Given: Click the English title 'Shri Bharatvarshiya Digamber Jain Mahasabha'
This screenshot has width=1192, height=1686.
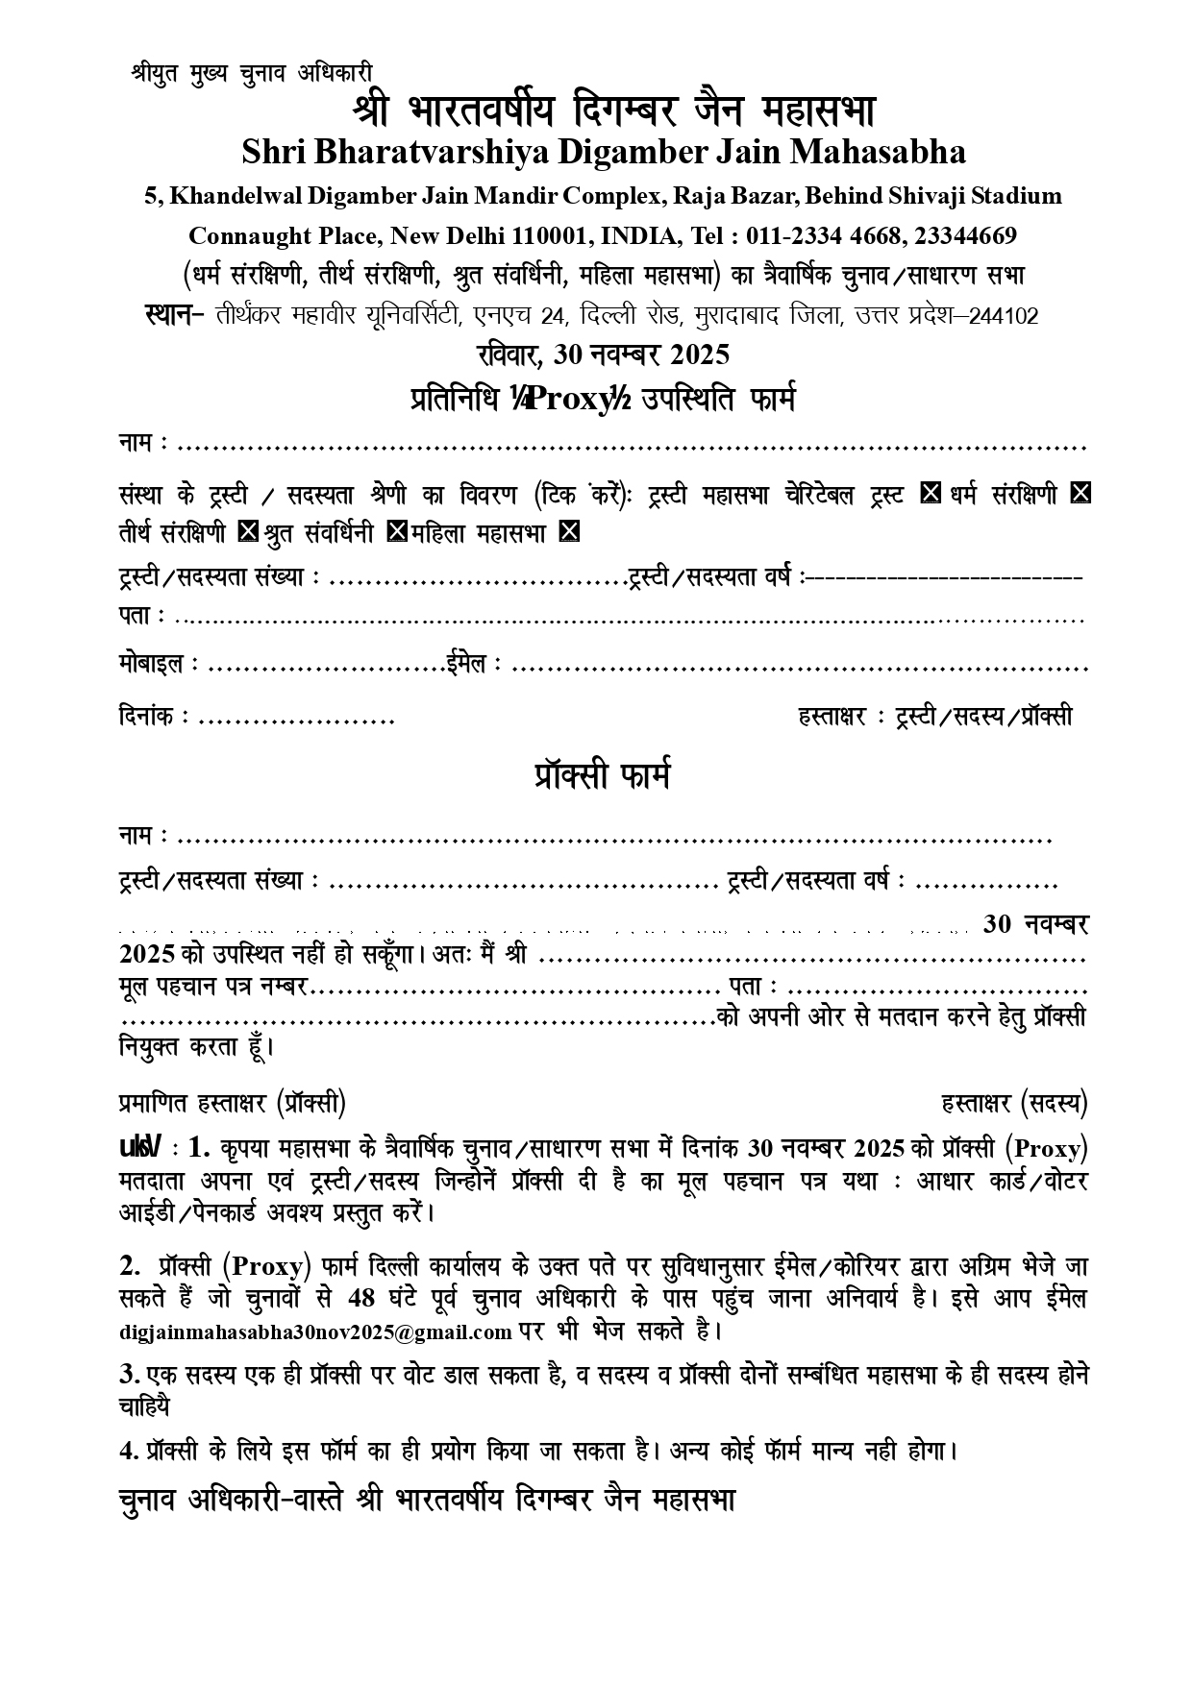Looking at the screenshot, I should pyautogui.click(x=604, y=152).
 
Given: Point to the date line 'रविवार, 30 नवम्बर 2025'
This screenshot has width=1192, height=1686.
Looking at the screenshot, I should pyautogui.click(x=603, y=354).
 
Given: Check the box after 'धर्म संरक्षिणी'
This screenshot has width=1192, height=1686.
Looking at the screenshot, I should pyautogui.click(x=1080, y=494).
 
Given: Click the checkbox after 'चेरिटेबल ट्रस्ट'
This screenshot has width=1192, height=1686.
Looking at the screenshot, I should pyautogui.click(x=930, y=494).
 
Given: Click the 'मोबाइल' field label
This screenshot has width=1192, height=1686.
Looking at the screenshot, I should pyautogui.click(x=152, y=665).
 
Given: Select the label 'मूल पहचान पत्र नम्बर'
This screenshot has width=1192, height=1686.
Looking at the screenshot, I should pyautogui.click(x=212, y=987).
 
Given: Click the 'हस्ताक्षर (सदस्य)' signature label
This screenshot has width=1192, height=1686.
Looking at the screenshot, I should pyautogui.click(x=1014, y=1104).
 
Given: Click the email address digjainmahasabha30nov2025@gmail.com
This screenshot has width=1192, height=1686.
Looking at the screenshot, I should pyautogui.click(x=316, y=1332).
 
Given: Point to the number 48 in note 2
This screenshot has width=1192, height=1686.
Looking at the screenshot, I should pyautogui.click(x=361, y=1298).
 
